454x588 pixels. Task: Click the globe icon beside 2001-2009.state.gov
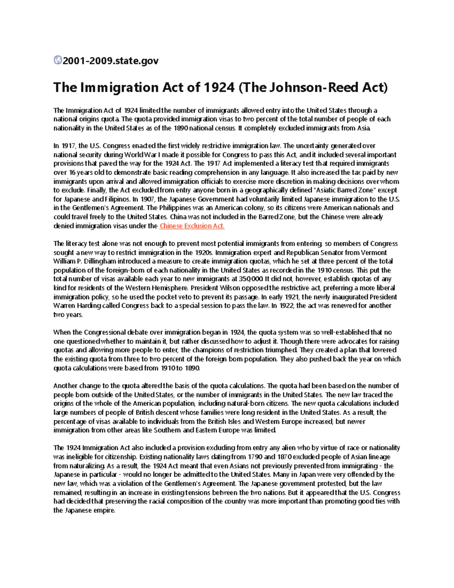tap(58, 60)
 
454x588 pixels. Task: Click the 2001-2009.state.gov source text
tap(110, 61)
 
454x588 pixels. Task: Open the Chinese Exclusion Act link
tap(192, 226)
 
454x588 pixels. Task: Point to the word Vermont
tap(374, 253)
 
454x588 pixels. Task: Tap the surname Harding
tap(88, 306)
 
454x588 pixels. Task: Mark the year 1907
tap(147, 199)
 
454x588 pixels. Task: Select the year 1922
tap(286, 306)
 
